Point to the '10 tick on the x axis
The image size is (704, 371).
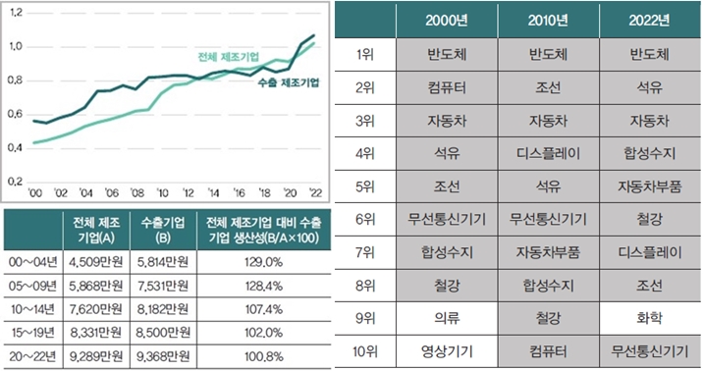coord(161,191)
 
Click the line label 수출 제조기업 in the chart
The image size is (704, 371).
coord(290,84)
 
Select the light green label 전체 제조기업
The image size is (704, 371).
coord(227,56)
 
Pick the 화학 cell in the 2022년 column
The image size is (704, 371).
coord(648,318)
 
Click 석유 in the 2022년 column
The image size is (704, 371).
coord(648,87)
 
